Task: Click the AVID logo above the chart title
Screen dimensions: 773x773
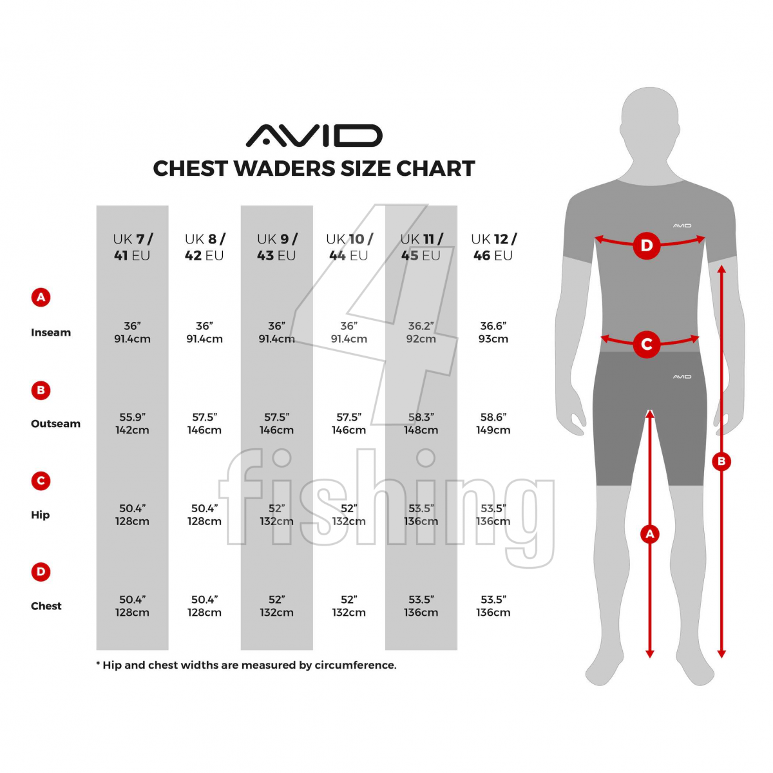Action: (314, 135)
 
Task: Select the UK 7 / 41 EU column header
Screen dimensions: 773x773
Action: (132, 247)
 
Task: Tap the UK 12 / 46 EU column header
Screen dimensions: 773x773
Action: (493, 247)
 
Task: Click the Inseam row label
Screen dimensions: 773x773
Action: (51, 332)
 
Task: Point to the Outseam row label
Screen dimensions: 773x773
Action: (56, 423)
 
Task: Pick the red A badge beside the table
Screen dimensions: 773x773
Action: (41, 297)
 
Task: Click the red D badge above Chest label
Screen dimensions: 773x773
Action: (41, 571)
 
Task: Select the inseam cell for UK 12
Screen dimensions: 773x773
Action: (493, 332)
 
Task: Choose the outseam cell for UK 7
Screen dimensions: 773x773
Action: (132, 423)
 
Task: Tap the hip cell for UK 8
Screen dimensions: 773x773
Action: (204, 514)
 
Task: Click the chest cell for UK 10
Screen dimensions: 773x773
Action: (348, 606)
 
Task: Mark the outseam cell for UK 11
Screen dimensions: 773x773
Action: (421, 423)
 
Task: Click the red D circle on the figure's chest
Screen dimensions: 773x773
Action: (647, 245)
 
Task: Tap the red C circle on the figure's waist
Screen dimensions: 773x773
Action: (647, 344)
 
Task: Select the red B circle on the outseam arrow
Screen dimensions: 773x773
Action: (721, 461)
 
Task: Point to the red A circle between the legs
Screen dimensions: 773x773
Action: (650, 533)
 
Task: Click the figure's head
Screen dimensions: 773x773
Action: (650, 120)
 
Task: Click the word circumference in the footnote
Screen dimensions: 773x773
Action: (356, 665)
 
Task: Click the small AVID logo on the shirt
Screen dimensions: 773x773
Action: (682, 226)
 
